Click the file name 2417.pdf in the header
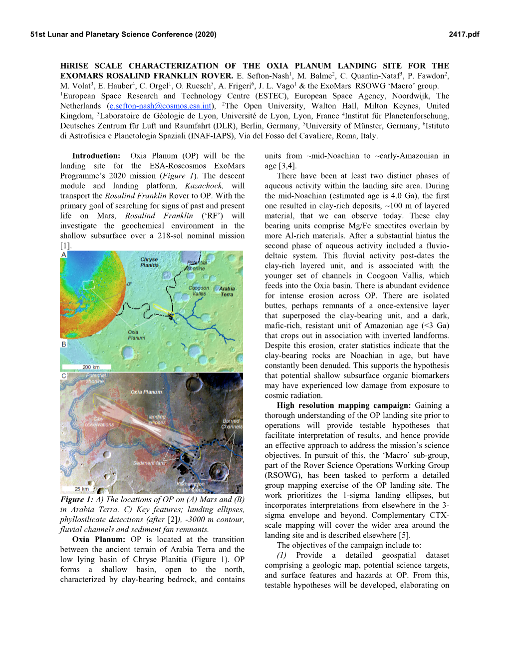[464, 34]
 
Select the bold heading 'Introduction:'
[96, 156]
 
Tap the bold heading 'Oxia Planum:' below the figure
[99, 539]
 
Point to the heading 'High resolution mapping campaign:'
[344, 405]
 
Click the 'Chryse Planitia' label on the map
[149, 262]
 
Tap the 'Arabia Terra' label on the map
[227, 292]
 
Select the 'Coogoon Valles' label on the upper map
[199, 291]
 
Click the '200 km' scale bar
[90, 367]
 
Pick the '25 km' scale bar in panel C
[81, 489]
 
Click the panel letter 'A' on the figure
[64, 255]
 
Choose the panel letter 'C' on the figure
[64, 376]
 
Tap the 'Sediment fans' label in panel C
[150, 463]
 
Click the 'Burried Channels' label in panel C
[232, 424]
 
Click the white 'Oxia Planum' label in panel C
[146, 392]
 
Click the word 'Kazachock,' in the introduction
[204, 186]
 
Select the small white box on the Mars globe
[88, 285]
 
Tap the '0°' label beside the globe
[129, 284]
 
